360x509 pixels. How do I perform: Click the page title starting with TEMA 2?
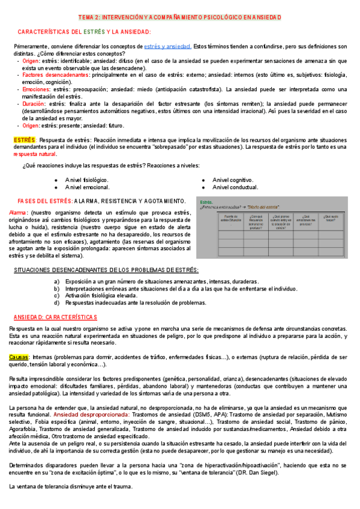click(x=180, y=17)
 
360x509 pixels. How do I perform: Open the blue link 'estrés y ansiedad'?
click(x=168, y=46)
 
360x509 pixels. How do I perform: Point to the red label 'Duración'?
click(x=35, y=104)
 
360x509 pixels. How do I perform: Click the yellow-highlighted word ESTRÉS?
click(x=25, y=140)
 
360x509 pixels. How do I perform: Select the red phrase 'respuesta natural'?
click(x=35, y=154)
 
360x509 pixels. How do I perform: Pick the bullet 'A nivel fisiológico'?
click(x=86, y=180)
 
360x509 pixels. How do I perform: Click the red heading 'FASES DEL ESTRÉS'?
click(x=45, y=201)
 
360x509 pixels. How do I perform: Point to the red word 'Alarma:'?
click(x=19, y=213)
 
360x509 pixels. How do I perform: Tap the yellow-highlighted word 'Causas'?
click(x=19, y=357)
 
